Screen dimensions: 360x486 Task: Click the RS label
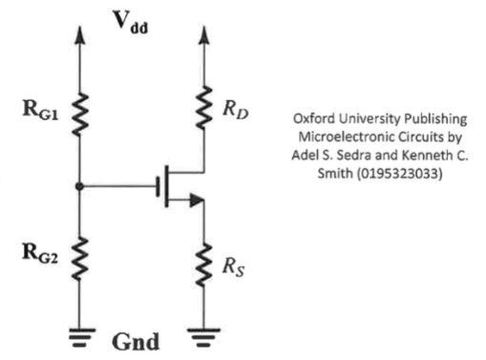coord(234,265)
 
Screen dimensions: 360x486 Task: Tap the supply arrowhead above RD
coord(203,33)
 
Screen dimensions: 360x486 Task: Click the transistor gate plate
coord(157,185)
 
